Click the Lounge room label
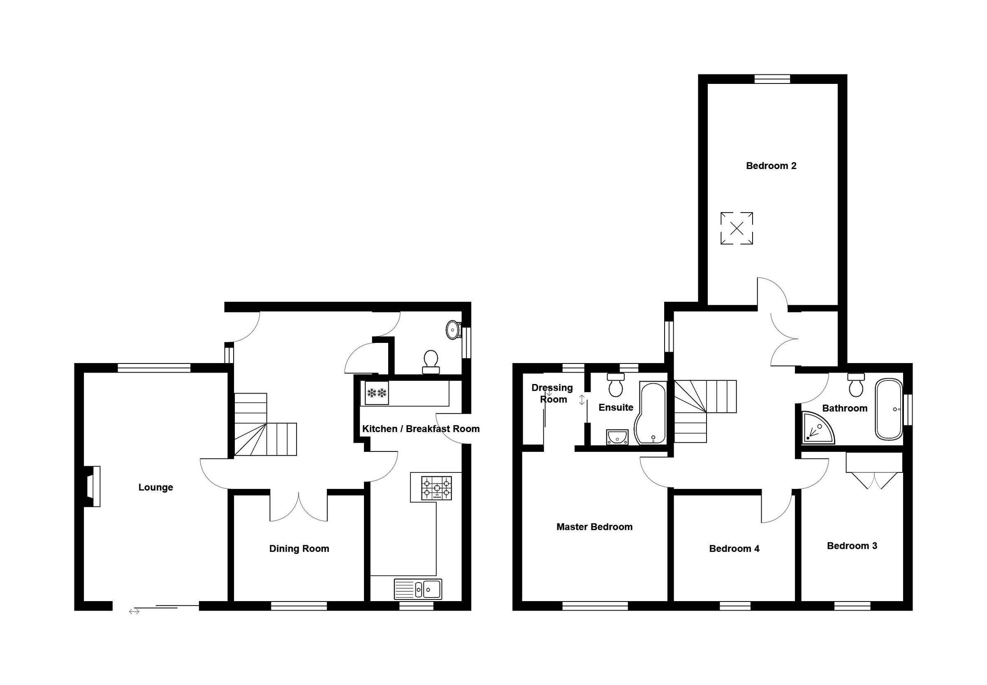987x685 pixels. coord(155,487)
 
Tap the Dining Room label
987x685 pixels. coord(299,548)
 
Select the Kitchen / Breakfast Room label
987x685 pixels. coord(421,429)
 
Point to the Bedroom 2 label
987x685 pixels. coord(771,166)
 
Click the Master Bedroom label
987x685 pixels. coord(594,527)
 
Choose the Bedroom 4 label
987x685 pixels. coord(734,548)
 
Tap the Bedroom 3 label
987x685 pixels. coord(852,546)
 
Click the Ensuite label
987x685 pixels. coord(616,407)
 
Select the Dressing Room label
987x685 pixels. coord(553,393)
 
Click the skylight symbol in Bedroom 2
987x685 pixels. coord(736,228)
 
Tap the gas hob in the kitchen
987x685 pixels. coord(436,488)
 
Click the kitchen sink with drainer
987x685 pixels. coord(418,589)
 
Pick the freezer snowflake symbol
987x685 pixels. coord(377,393)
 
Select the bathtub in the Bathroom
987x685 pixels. coord(889,409)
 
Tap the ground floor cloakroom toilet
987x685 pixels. coord(431,362)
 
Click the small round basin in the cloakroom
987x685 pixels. coord(452,330)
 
